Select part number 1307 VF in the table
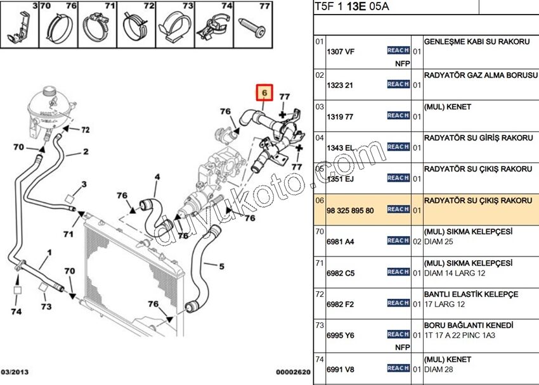(340, 52)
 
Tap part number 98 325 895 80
(350, 210)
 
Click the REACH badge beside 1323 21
(398, 84)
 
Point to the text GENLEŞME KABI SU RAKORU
(476, 41)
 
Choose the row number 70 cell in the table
(320, 232)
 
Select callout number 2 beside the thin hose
(86, 152)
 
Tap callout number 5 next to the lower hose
(221, 266)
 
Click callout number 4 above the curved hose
(157, 177)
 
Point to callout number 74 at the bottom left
(16, 312)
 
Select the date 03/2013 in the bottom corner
(15, 372)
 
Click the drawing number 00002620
(294, 372)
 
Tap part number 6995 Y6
(340, 335)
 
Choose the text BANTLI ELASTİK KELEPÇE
(471, 294)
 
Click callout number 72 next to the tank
(85, 129)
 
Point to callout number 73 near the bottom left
(46, 306)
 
